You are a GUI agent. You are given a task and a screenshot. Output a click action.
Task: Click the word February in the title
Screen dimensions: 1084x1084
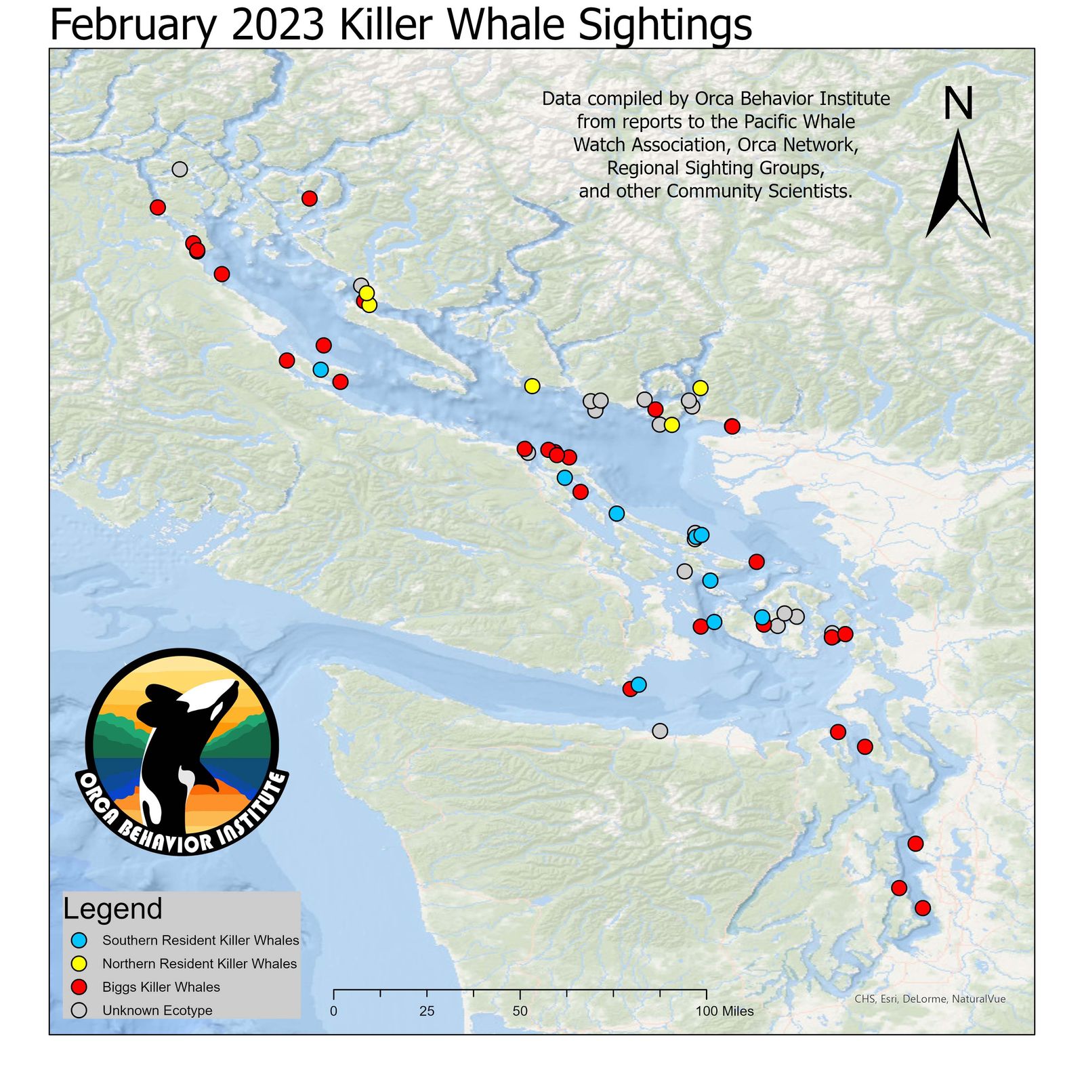tap(133, 26)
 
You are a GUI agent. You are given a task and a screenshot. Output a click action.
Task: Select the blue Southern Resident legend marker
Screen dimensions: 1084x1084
tap(80, 940)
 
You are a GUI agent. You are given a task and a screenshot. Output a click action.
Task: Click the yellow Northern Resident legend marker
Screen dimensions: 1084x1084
tap(80, 963)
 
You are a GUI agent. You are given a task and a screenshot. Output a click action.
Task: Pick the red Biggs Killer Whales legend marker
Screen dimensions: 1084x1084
tap(80, 986)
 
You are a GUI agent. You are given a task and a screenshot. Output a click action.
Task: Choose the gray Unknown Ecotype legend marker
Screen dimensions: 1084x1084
tap(80, 1010)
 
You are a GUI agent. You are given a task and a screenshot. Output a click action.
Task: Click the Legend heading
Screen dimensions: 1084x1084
tap(112, 909)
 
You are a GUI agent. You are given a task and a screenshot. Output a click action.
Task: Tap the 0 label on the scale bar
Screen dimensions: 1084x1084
tap(333, 1012)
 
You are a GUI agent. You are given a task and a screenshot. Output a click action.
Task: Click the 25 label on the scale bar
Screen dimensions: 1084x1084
tap(427, 1012)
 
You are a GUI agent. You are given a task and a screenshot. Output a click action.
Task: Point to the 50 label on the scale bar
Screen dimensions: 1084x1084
tap(520, 1012)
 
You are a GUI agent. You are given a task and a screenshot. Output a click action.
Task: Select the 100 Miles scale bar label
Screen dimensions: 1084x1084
tap(725, 1012)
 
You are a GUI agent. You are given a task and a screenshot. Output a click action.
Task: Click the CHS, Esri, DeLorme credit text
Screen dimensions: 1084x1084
tap(930, 999)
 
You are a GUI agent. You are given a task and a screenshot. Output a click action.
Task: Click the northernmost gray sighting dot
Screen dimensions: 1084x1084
tap(180, 169)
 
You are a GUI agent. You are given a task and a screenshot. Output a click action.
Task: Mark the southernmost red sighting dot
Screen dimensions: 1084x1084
tap(922, 908)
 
